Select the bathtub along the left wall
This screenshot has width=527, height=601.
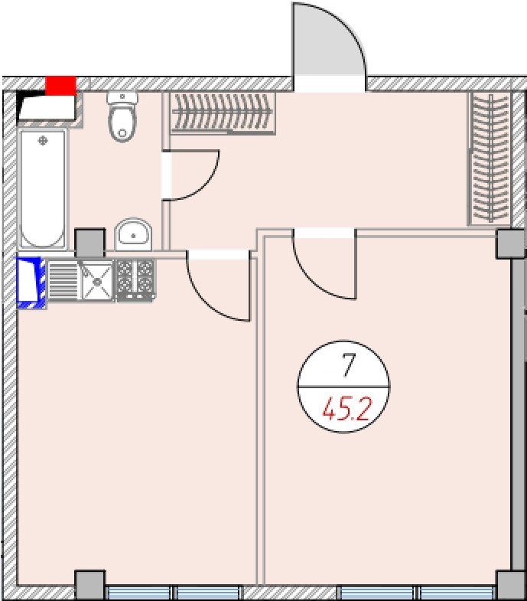click(x=43, y=189)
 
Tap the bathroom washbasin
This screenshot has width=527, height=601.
click(x=133, y=234)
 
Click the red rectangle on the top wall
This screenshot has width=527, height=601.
click(x=60, y=86)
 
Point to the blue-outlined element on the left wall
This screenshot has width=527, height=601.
click(x=29, y=283)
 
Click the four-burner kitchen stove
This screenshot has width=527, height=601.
click(x=135, y=279)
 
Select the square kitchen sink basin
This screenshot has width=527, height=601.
click(x=97, y=280)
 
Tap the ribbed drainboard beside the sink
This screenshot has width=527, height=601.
click(x=63, y=280)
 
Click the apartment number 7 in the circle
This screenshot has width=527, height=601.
click(x=348, y=365)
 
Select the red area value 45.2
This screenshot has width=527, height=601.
click(x=346, y=410)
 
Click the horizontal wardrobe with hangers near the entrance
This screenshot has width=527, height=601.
click(x=222, y=113)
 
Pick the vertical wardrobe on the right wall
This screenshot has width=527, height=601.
click(x=490, y=158)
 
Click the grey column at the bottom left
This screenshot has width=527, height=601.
click(x=89, y=585)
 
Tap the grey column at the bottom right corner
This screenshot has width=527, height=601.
click(x=511, y=586)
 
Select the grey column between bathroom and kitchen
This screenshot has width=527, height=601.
click(x=89, y=243)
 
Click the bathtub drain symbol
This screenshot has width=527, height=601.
click(x=43, y=141)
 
